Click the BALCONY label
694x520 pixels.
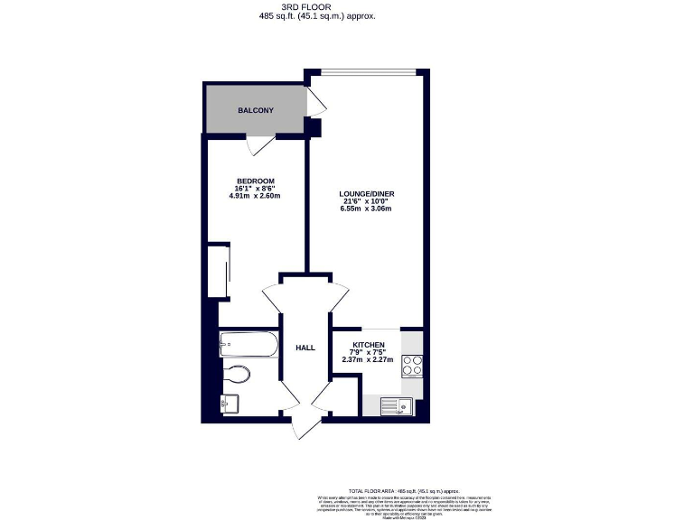click(256, 110)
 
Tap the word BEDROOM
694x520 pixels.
click(256, 181)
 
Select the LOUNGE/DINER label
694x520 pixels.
click(366, 194)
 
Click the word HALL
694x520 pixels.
click(305, 348)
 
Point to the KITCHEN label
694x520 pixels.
click(369, 346)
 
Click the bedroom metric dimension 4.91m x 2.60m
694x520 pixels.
click(256, 196)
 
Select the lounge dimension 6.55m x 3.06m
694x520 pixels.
click(366, 209)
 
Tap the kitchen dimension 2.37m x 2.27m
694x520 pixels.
click(369, 360)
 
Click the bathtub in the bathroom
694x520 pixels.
click(248, 343)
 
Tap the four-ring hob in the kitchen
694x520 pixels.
click(412, 366)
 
